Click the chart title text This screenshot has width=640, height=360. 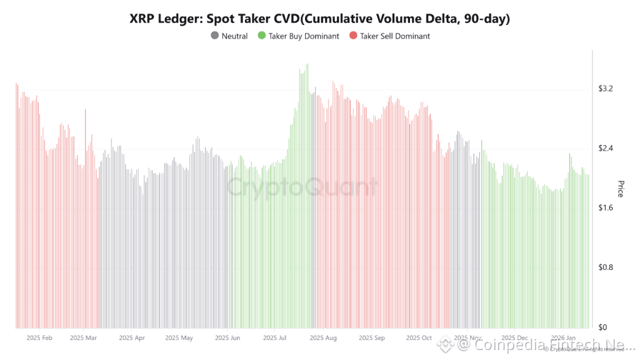coord(319,19)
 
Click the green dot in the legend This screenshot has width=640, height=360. coord(262,36)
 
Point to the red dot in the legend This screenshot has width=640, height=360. coord(353,36)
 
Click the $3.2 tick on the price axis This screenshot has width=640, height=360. coord(605,89)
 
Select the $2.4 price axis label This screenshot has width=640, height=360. coord(605,148)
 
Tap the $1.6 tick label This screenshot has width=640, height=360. coord(605,207)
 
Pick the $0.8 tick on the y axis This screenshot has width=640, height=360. coord(605,267)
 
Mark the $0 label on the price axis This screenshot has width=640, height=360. coord(602,327)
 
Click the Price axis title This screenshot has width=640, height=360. coord(621,189)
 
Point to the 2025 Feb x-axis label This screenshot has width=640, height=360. coord(39,337)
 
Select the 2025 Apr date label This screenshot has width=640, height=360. coord(132,337)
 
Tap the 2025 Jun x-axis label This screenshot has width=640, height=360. coord(227,337)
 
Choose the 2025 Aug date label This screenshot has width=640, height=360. coord(323,337)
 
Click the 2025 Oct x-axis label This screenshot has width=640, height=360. coord(419,337)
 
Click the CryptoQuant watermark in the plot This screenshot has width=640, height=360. coord(302,187)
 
